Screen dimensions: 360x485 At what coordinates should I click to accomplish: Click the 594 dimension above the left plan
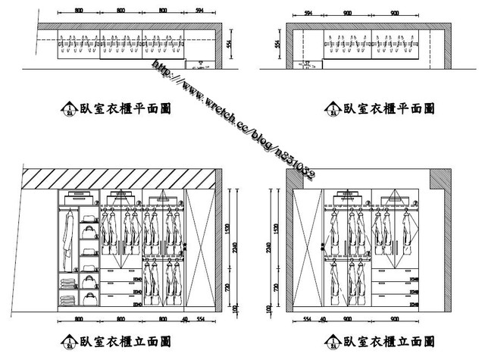pos(200,11)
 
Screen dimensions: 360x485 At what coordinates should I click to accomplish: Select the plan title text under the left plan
pos(125,109)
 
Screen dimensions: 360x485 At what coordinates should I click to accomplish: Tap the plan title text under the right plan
pos(389,109)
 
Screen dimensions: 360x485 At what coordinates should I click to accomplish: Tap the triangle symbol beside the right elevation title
pos(331,341)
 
